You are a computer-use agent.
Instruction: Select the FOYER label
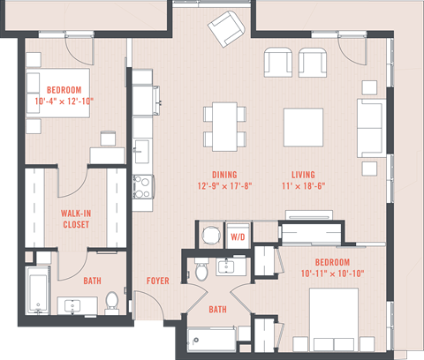(x=158, y=281)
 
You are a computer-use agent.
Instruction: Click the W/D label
(x=238, y=237)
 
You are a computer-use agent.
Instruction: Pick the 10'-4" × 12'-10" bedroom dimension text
(x=59, y=101)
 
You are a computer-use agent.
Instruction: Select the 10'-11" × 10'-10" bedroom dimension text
(x=331, y=274)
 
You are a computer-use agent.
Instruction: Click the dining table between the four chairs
(x=223, y=125)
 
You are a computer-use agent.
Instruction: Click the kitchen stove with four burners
(x=143, y=186)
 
